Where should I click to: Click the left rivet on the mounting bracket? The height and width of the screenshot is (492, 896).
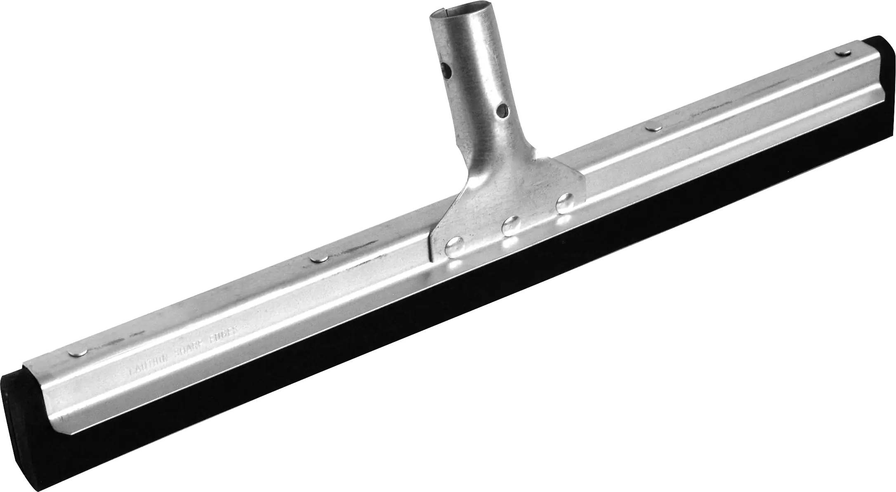click(455, 247)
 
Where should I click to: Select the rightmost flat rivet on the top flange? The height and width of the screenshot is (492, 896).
click(841, 53)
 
